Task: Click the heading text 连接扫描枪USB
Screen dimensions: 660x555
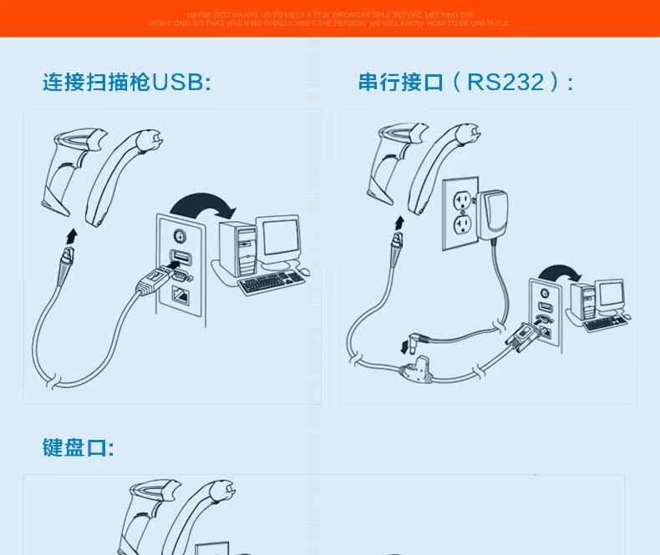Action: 126,83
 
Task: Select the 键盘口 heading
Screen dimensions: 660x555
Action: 78,447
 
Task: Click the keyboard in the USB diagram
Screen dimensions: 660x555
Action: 268,282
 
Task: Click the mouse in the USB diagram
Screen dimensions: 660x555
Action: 304,272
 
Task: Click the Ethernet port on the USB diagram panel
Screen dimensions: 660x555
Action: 180,295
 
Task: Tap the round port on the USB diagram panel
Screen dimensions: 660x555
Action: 177,235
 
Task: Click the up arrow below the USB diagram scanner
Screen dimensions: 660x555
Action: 72,235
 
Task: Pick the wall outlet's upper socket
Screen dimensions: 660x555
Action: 460,197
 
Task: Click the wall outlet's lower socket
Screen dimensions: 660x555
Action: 460,225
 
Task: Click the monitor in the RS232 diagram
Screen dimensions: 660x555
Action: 611,293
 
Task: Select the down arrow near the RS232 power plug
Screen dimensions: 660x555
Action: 409,345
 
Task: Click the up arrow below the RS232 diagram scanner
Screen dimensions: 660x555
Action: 399,225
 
